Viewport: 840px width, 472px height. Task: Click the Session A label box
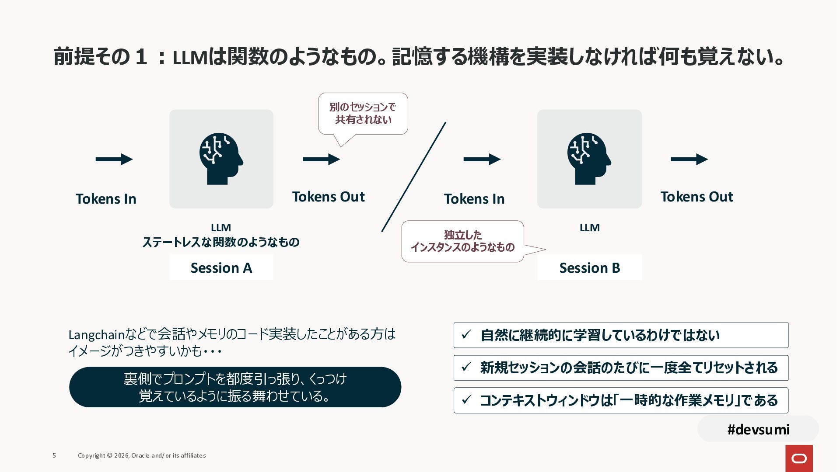pos(221,267)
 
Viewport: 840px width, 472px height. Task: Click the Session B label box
pos(589,267)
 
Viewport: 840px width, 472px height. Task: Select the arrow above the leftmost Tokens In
pos(114,159)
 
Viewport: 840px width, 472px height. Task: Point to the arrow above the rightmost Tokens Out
pos(689,159)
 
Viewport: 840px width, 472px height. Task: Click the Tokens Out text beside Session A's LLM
pos(328,197)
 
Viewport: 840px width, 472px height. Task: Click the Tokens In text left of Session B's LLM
pos(474,199)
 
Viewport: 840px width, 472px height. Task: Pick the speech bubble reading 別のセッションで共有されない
pos(363,113)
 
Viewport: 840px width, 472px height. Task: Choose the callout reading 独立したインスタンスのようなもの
pos(462,241)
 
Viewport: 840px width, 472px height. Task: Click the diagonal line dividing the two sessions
pos(414,177)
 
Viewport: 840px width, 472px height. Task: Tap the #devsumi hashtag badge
pos(758,429)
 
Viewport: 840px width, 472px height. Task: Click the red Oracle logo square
pos(799,458)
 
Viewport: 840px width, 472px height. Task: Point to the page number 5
pos(54,455)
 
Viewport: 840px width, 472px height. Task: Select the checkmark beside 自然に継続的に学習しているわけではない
pos(466,335)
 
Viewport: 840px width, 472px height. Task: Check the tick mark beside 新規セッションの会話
pos(466,367)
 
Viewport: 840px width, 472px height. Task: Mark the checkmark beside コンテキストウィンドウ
pos(466,399)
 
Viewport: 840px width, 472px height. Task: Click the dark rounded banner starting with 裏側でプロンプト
pos(235,387)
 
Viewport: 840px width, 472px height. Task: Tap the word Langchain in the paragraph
pos(97,335)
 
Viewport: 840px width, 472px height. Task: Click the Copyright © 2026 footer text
pos(142,455)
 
